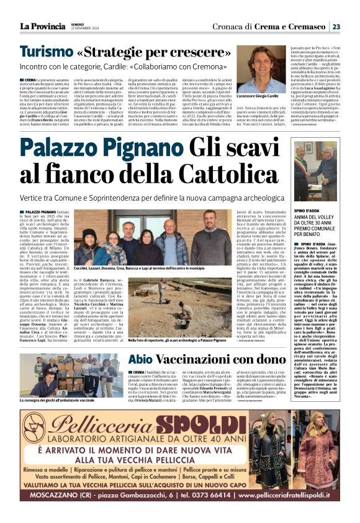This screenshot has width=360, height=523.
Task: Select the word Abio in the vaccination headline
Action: tap(140, 360)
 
